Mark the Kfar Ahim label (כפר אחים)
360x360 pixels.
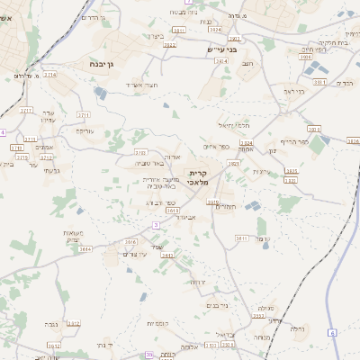[x=216, y=147]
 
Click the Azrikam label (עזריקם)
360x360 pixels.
[x=84, y=131]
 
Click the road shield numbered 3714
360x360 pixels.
[x=49, y=75]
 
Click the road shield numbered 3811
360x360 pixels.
[x=241, y=238]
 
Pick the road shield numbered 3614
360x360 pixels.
[x=85, y=249]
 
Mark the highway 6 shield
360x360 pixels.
[x=331, y=333]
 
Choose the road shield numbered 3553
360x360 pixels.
[x=258, y=315]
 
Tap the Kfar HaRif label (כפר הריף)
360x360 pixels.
[x=295, y=142]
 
